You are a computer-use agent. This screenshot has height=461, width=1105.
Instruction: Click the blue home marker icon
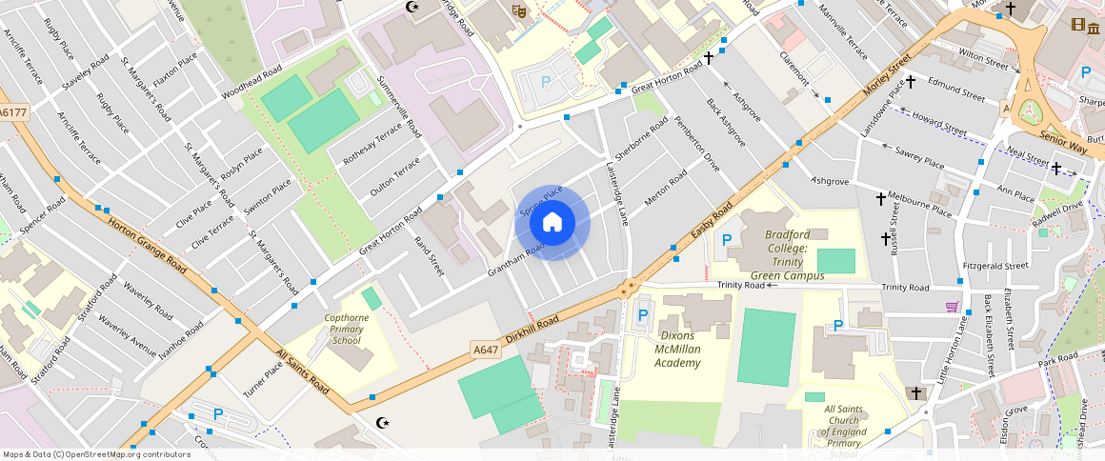552,223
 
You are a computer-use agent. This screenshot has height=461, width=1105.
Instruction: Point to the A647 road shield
486,350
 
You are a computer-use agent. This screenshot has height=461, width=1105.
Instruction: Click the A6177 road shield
13,112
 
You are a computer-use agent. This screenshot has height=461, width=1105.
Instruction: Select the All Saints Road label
302,372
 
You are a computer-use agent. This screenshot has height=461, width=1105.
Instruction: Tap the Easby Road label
712,221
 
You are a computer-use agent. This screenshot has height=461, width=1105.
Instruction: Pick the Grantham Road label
515,258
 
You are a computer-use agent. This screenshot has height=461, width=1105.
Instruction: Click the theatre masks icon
519,10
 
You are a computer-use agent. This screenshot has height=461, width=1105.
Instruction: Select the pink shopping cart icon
952,306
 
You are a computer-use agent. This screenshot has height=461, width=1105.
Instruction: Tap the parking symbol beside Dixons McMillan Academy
642,315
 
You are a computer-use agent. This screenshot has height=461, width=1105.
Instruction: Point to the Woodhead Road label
251,83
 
